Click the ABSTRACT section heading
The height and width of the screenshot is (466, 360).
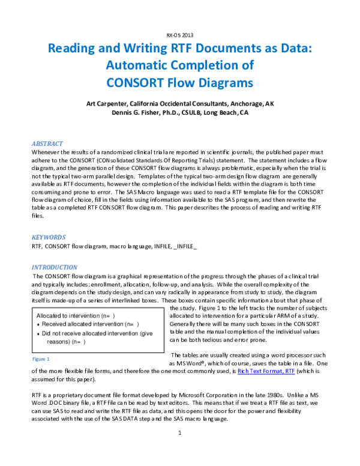[x=47, y=144]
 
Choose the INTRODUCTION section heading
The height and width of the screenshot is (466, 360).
[x=54, y=267]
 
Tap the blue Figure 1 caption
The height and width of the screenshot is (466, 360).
[x=41, y=359]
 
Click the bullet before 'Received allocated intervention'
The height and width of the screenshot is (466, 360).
[x=38, y=324]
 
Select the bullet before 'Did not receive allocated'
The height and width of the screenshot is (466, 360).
[x=38, y=333]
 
